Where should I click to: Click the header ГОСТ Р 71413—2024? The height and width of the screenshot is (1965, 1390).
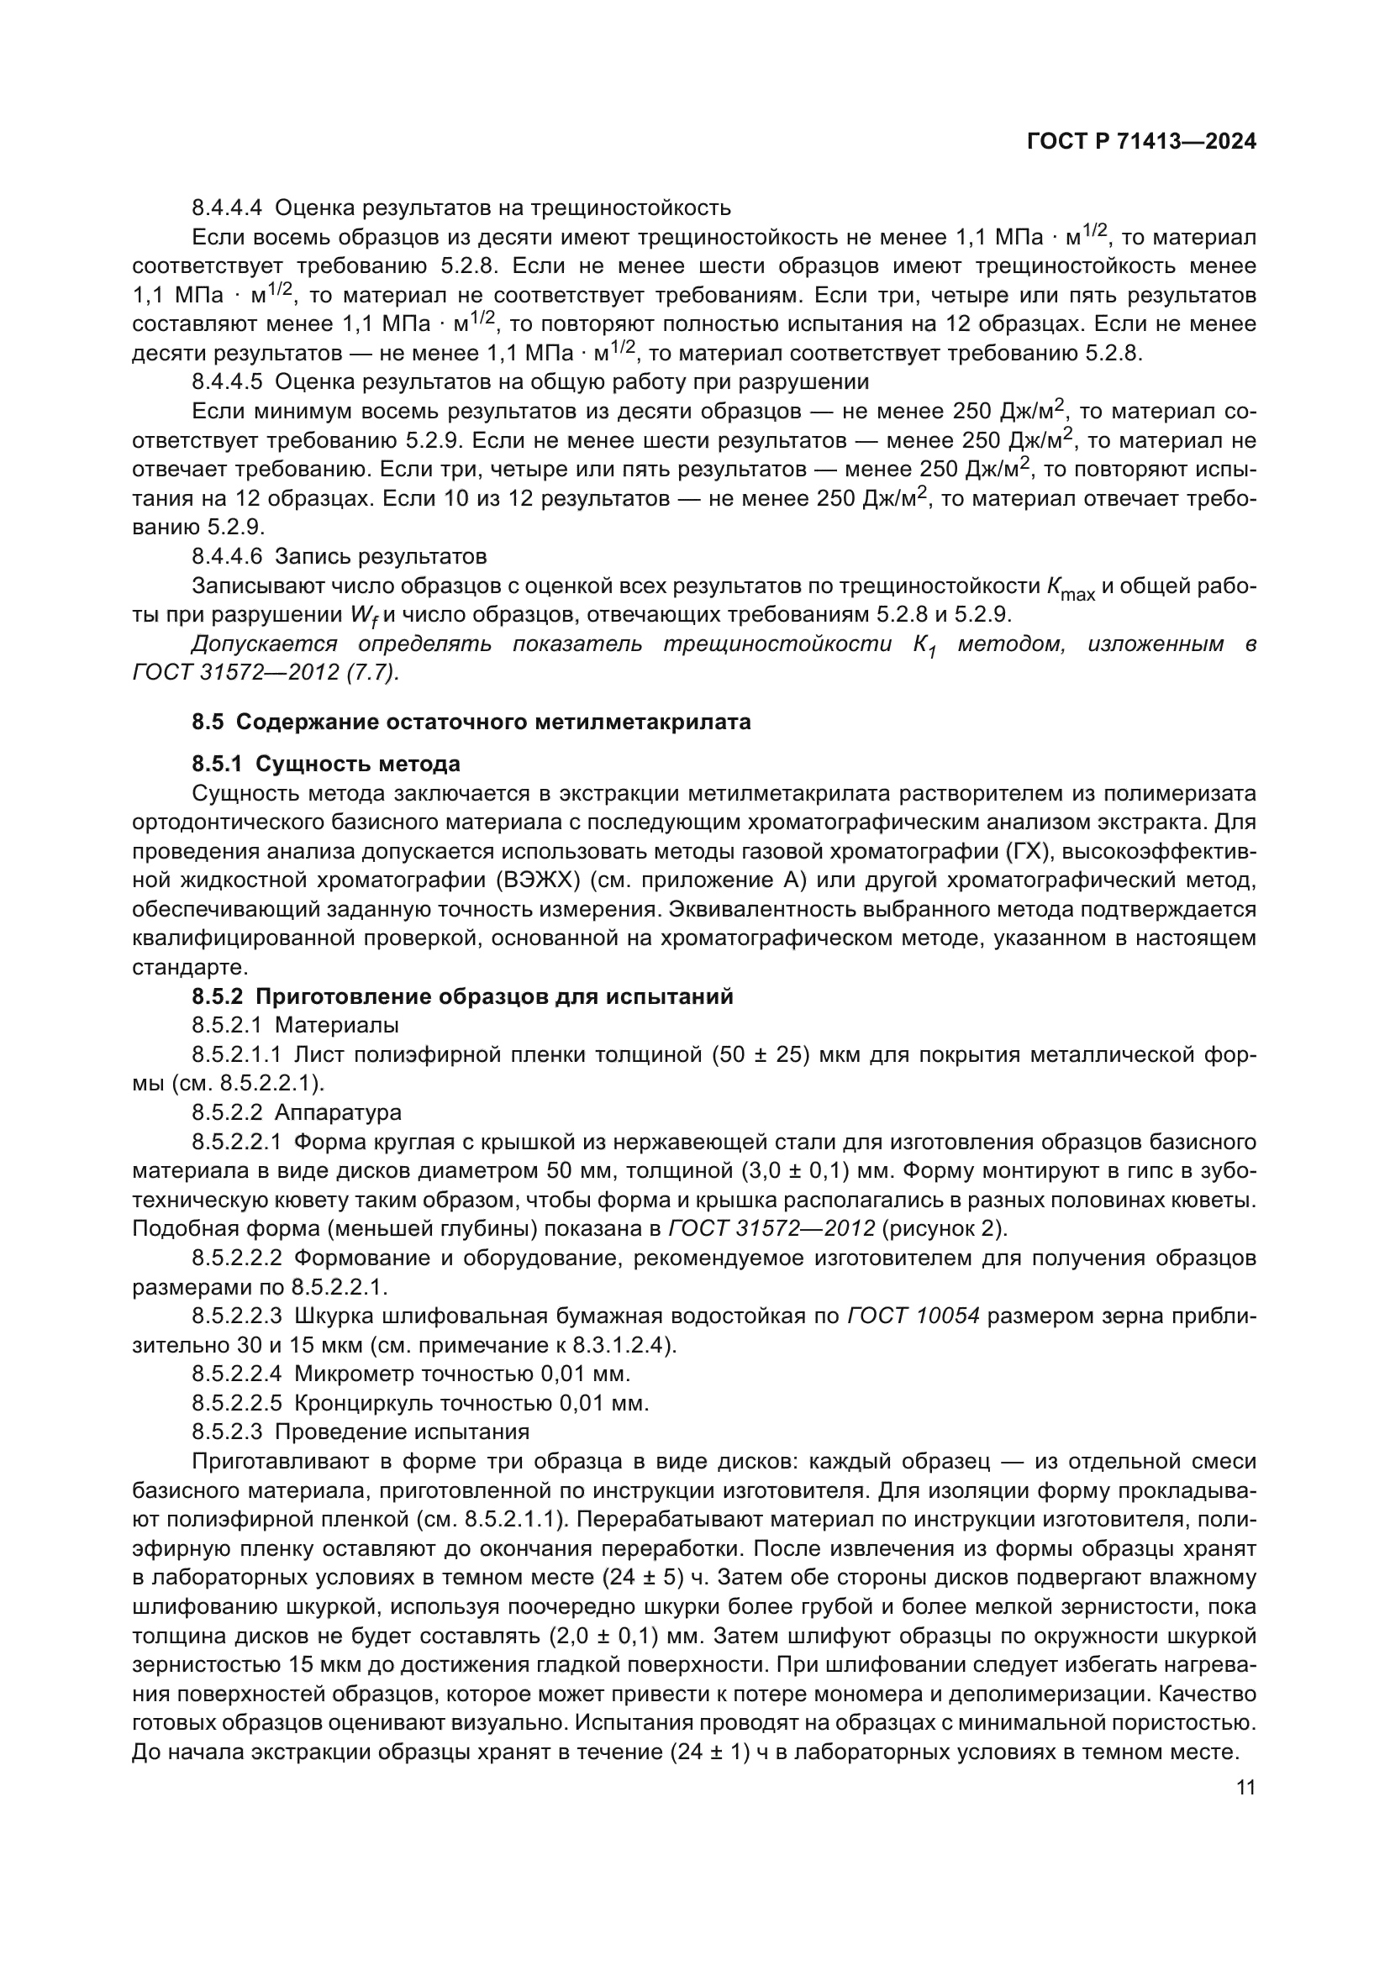(x=1141, y=142)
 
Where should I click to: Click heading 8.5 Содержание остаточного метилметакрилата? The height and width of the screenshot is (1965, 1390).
(x=471, y=722)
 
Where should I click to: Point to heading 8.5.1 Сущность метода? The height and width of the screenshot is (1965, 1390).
(x=325, y=764)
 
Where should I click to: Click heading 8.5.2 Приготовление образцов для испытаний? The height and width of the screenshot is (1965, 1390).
(x=462, y=997)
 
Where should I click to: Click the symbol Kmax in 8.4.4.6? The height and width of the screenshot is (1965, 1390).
(x=1070, y=589)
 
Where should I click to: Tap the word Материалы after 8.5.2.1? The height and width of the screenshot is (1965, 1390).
(x=336, y=1025)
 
